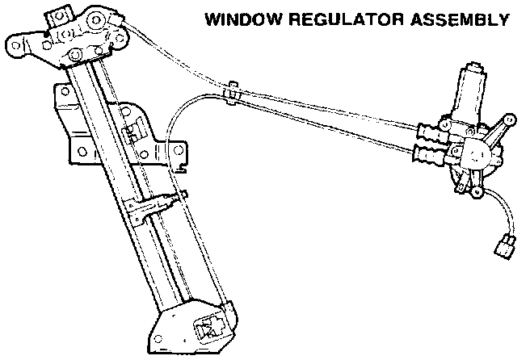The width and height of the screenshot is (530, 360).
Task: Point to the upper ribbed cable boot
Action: pos(432,130)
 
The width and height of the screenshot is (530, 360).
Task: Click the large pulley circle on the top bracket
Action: pos(95,21)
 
